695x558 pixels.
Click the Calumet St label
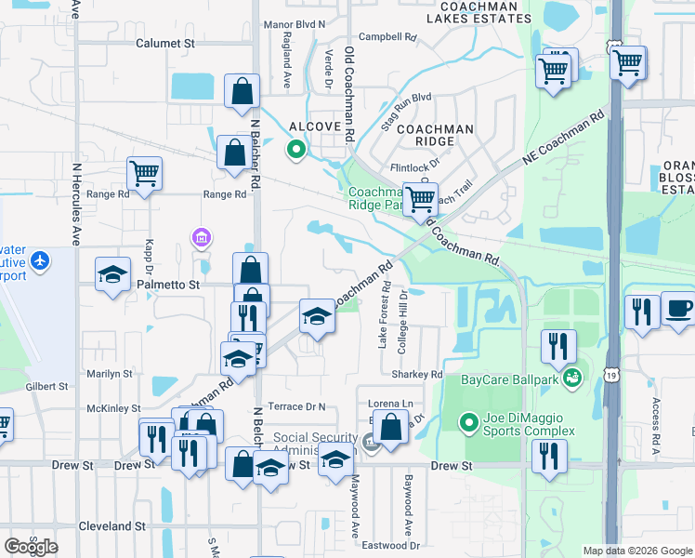(x=164, y=43)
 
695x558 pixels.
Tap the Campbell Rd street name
(x=387, y=37)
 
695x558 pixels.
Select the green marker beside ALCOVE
(x=296, y=149)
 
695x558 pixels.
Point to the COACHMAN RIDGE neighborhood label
(x=435, y=135)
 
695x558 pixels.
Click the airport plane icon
(x=39, y=260)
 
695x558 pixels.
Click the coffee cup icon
(x=678, y=310)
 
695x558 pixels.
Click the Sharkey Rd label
(x=423, y=375)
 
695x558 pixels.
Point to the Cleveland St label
(x=112, y=526)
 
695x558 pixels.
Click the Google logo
(x=31, y=546)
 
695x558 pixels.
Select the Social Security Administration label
(x=316, y=444)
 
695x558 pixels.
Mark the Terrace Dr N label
(x=297, y=406)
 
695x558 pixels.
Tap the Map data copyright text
(x=636, y=551)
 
